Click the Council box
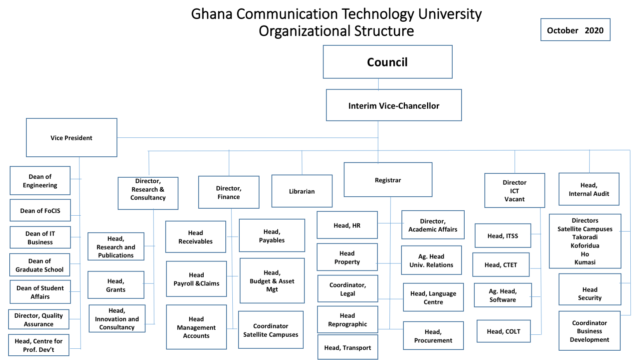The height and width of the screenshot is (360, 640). click(387, 62)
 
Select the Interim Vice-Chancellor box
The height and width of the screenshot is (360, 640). click(394, 106)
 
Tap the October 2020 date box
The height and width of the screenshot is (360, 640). click(575, 30)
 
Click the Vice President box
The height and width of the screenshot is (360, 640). click(71, 138)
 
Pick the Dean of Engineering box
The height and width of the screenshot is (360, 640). click(40, 181)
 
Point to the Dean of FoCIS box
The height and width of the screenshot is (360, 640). click(40, 211)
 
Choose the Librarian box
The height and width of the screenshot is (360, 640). click(302, 191)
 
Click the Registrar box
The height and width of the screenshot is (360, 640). click(388, 180)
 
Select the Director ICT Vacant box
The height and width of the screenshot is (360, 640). click(514, 190)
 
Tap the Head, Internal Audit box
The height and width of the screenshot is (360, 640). click(589, 189)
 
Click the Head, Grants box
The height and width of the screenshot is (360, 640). click(116, 285)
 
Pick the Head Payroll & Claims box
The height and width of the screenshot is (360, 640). click(196, 279)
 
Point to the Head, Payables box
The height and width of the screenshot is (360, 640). click(272, 236)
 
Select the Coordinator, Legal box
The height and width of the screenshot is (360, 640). click(348, 289)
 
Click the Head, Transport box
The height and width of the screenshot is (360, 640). click(348, 348)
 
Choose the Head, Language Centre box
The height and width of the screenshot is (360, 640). click(433, 298)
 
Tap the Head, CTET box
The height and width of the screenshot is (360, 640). click(501, 265)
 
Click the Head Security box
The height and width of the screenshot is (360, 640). click(590, 294)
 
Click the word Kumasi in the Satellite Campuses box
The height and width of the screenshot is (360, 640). click(585, 262)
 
